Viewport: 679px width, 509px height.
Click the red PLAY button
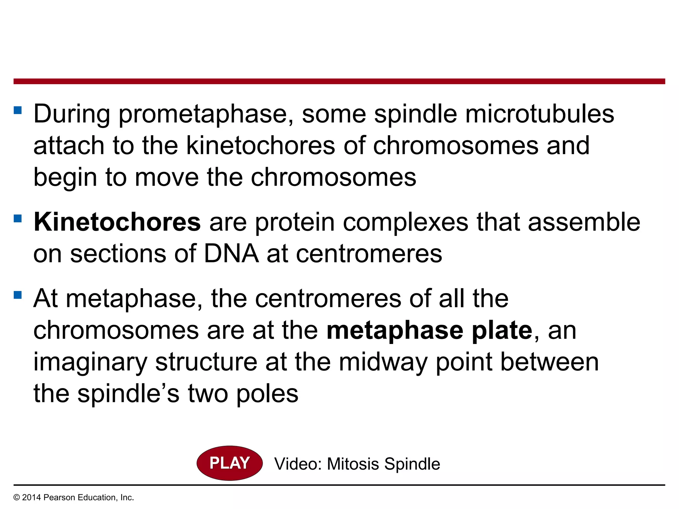point(229,463)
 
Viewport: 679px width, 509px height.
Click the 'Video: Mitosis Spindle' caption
point(357,464)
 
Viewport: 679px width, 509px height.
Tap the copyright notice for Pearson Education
point(74,497)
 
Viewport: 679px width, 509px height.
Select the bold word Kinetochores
point(117,222)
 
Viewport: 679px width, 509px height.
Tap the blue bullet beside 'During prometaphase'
point(18,110)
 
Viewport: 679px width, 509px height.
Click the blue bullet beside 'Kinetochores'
point(18,218)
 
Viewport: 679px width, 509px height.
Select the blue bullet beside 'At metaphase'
point(18,295)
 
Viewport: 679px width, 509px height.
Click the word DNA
point(231,254)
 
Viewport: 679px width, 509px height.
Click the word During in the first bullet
point(72,114)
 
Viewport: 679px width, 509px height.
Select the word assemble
point(584,222)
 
